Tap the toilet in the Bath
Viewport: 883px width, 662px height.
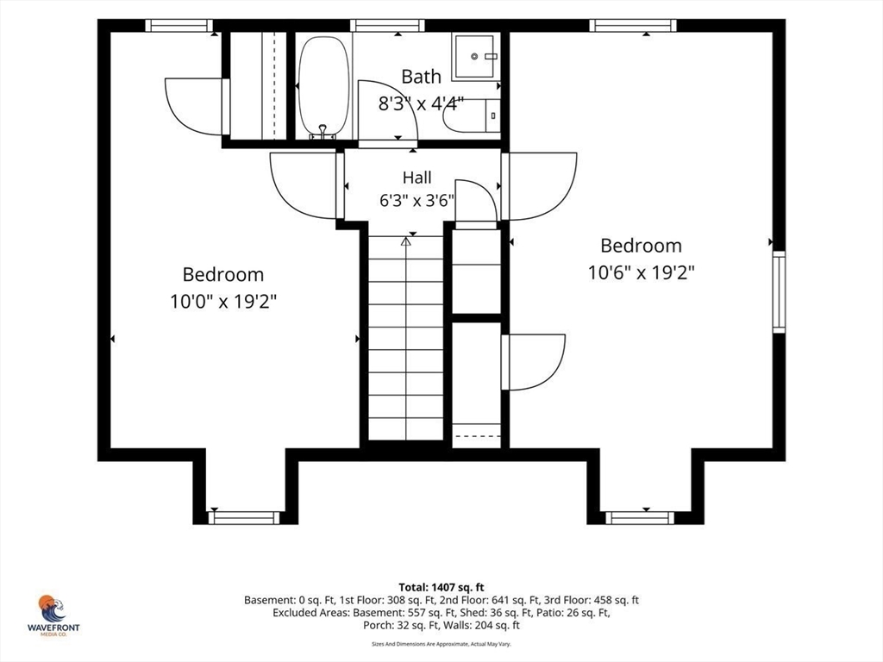click(x=471, y=116)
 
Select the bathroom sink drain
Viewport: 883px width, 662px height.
click(x=475, y=56)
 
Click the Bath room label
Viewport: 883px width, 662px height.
click(x=421, y=77)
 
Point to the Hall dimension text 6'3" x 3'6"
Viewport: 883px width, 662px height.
click(x=416, y=200)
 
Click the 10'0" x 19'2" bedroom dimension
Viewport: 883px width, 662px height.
click(x=223, y=302)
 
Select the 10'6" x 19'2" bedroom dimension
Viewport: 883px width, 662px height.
click(x=642, y=272)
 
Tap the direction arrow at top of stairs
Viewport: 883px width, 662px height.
click(x=405, y=241)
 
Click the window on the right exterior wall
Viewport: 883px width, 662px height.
click(x=779, y=291)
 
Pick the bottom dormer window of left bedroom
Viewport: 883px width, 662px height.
click(x=244, y=517)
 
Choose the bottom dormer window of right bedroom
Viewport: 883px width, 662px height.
click(x=639, y=517)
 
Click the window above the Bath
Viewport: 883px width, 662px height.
click(x=387, y=25)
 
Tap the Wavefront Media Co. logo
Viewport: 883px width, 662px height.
click(x=53, y=615)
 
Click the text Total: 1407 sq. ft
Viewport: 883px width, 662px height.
click(x=441, y=588)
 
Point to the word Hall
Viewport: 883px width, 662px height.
click(x=416, y=178)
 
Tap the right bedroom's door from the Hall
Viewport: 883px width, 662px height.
click(x=539, y=186)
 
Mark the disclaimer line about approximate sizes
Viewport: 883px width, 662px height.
click(x=441, y=644)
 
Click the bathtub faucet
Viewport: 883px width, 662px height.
click(x=323, y=132)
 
